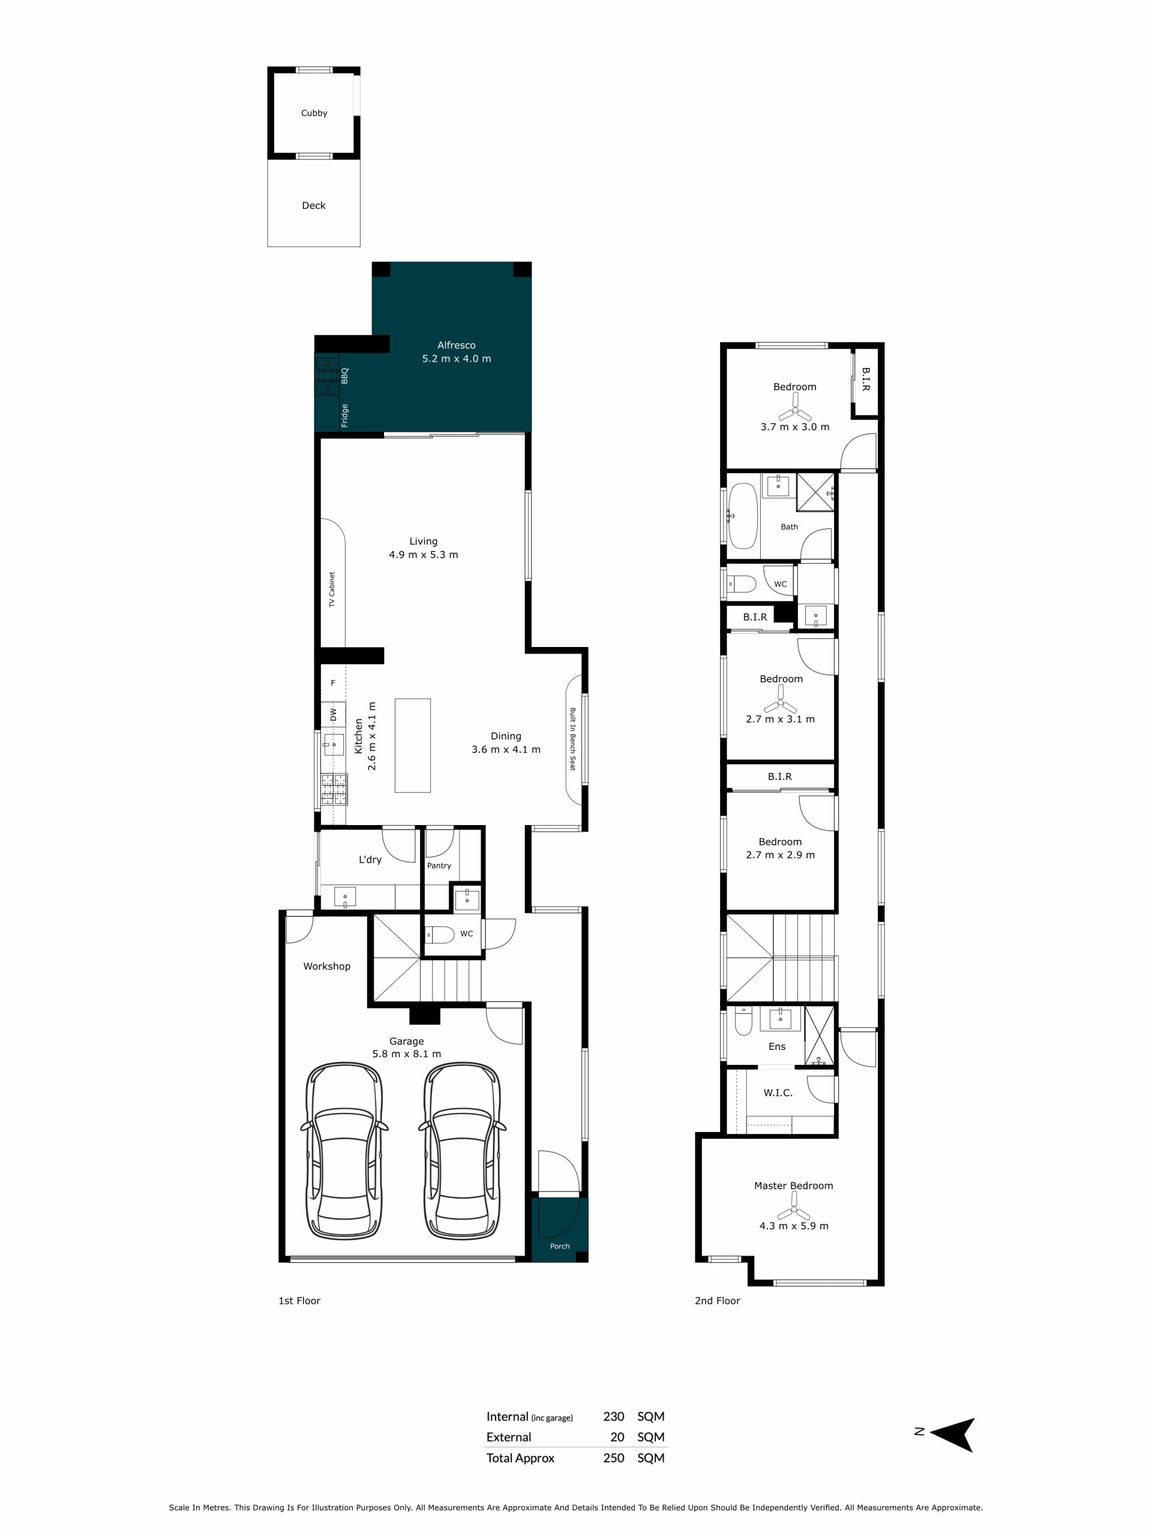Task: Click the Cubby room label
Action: pos(314,113)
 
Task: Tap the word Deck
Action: pos(313,206)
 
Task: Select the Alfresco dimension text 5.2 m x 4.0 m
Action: pos(456,359)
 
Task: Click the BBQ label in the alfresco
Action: pos(344,375)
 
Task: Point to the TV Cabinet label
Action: pos(332,589)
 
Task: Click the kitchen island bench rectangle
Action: pos(412,745)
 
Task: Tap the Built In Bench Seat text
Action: pos(573,739)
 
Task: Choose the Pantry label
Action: pos(439,865)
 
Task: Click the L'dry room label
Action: pos(370,859)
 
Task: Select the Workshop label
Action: pos(326,966)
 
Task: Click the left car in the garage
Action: pos(344,1150)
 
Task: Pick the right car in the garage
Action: pos(462,1150)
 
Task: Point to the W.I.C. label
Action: pos(778,1093)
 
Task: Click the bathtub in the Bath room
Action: pos(742,516)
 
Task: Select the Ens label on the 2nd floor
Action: pos(777,1046)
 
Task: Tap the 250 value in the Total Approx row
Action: pos(614,1458)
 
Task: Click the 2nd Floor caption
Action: pos(718,1301)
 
